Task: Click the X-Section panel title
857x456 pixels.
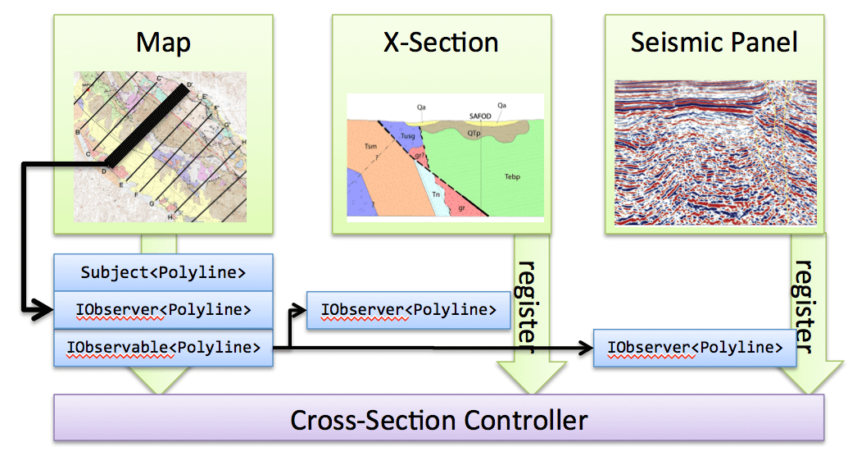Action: tap(441, 42)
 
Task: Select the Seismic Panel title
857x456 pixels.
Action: tap(714, 42)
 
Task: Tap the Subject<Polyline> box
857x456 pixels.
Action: tap(162, 272)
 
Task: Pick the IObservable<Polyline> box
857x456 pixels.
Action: tap(162, 348)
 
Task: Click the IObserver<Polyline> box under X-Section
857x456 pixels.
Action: tap(408, 310)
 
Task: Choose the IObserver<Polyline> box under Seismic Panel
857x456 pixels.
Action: tap(695, 348)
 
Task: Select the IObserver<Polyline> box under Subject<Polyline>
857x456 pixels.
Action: tap(162, 310)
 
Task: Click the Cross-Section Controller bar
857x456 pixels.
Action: tap(439, 421)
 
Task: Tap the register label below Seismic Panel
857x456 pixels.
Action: tap(805, 307)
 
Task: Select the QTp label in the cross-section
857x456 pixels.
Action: tap(474, 132)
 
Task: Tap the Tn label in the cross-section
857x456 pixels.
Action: tap(437, 194)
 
